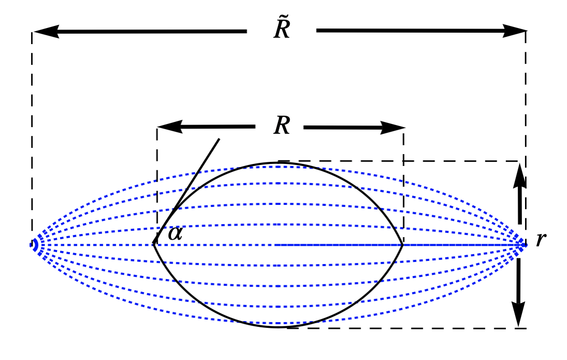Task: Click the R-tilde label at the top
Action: click(282, 30)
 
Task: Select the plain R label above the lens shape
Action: click(281, 126)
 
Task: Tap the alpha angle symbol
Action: click(175, 234)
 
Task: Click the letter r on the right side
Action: click(541, 240)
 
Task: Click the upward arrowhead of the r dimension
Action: click(520, 174)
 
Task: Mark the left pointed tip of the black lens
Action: click(153, 244)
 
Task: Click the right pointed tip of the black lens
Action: click(403, 244)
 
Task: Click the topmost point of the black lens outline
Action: click(278, 163)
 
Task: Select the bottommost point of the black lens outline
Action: click(278, 327)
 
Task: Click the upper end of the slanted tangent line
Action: click(219, 139)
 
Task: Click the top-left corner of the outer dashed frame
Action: click(32, 32)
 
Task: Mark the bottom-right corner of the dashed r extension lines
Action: click(526, 328)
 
